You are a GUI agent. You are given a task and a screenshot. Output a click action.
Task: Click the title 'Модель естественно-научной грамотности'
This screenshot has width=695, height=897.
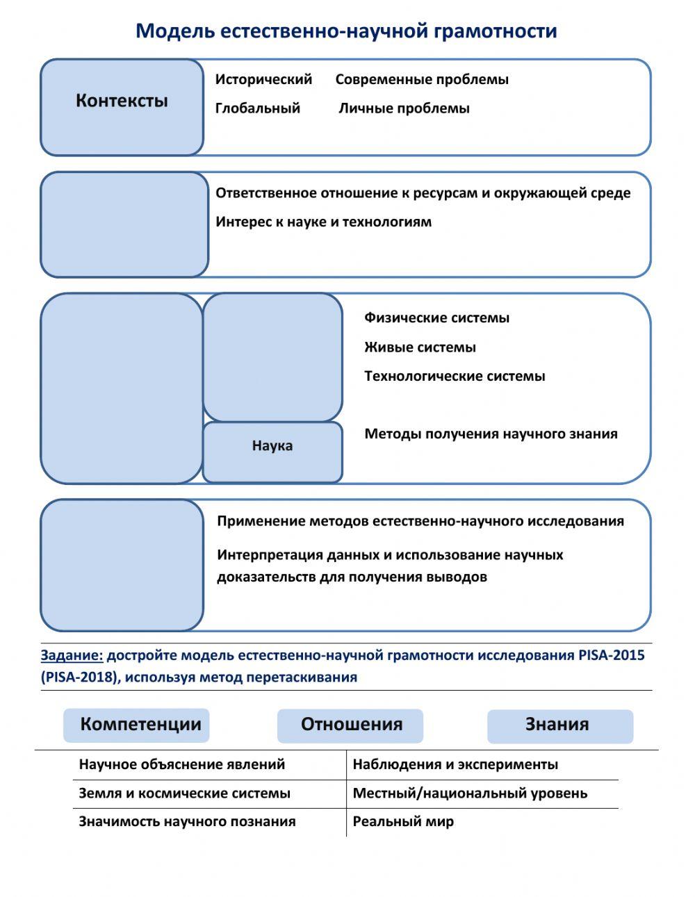pyautogui.click(x=346, y=31)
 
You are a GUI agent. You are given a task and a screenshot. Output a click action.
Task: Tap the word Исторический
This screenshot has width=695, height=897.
pyautogui.click(x=263, y=79)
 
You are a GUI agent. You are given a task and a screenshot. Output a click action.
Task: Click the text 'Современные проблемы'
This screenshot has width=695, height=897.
pyautogui.click(x=422, y=79)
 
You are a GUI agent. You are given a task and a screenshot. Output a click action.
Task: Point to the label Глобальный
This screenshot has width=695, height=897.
pyautogui.click(x=257, y=108)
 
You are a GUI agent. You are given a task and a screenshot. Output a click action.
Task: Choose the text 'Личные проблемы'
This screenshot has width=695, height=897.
pyautogui.click(x=404, y=108)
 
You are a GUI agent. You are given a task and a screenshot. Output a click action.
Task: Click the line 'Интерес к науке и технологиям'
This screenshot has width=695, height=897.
pyautogui.click(x=323, y=222)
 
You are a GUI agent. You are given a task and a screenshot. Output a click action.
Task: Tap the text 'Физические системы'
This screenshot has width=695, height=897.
pyautogui.click(x=436, y=318)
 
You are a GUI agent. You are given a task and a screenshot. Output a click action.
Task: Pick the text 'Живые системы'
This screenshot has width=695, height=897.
pyautogui.click(x=420, y=347)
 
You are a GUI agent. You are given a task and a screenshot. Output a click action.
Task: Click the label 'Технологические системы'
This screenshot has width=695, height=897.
pyautogui.click(x=455, y=377)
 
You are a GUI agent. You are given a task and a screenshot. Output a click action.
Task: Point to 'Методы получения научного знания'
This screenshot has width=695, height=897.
pyautogui.click(x=491, y=434)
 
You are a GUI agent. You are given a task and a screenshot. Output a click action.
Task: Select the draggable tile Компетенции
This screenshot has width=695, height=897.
pyautogui.click(x=136, y=725)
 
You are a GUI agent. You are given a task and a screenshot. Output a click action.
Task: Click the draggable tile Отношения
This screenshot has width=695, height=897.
pyautogui.click(x=350, y=725)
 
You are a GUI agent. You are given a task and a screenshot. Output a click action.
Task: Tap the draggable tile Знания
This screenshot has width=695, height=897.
pyautogui.click(x=559, y=725)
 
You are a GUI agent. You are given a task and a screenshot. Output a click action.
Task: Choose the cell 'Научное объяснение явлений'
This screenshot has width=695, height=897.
pyautogui.click(x=182, y=764)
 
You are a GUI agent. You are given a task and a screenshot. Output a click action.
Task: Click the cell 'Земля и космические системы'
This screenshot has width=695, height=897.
pyautogui.click(x=184, y=793)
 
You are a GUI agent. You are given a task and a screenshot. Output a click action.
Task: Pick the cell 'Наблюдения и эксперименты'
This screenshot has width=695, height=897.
pyautogui.click(x=455, y=764)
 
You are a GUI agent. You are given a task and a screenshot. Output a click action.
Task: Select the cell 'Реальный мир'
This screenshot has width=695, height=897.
pyautogui.click(x=403, y=822)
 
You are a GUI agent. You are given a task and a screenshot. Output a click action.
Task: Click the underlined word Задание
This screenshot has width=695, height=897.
pyautogui.click(x=72, y=655)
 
